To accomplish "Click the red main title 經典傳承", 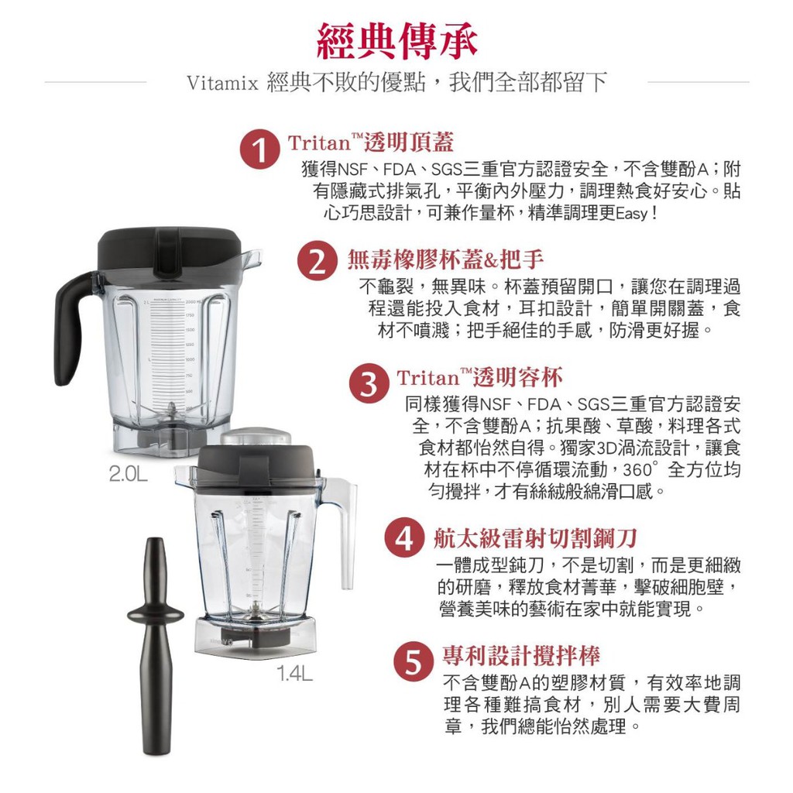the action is (x=396, y=39).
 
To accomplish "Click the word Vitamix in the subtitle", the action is (x=222, y=83).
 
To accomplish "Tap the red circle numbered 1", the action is (x=260, y=149).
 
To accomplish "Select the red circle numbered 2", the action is (x=317, y=262).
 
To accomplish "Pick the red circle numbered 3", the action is (x=369, y=384).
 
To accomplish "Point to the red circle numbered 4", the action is (x=404, y=538).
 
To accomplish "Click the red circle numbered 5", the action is (x=414, y=661).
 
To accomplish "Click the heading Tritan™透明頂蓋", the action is (x=371, y=142).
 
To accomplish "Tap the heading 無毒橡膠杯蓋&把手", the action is (x=445, y=259).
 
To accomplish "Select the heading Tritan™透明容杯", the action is (x=479, y=378).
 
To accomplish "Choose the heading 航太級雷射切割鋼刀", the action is (x=535, y=538).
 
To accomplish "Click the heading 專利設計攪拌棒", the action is (x=521, y=656).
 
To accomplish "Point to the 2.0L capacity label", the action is (x=129, y=474).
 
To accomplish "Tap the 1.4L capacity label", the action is (x=294, y=673).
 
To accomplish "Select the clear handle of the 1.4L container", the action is (x=345, y=531).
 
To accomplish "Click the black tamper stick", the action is (x=156, y=647).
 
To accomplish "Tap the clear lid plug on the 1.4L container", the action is (x=256, y=437).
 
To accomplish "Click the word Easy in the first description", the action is (x=632, y=214).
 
